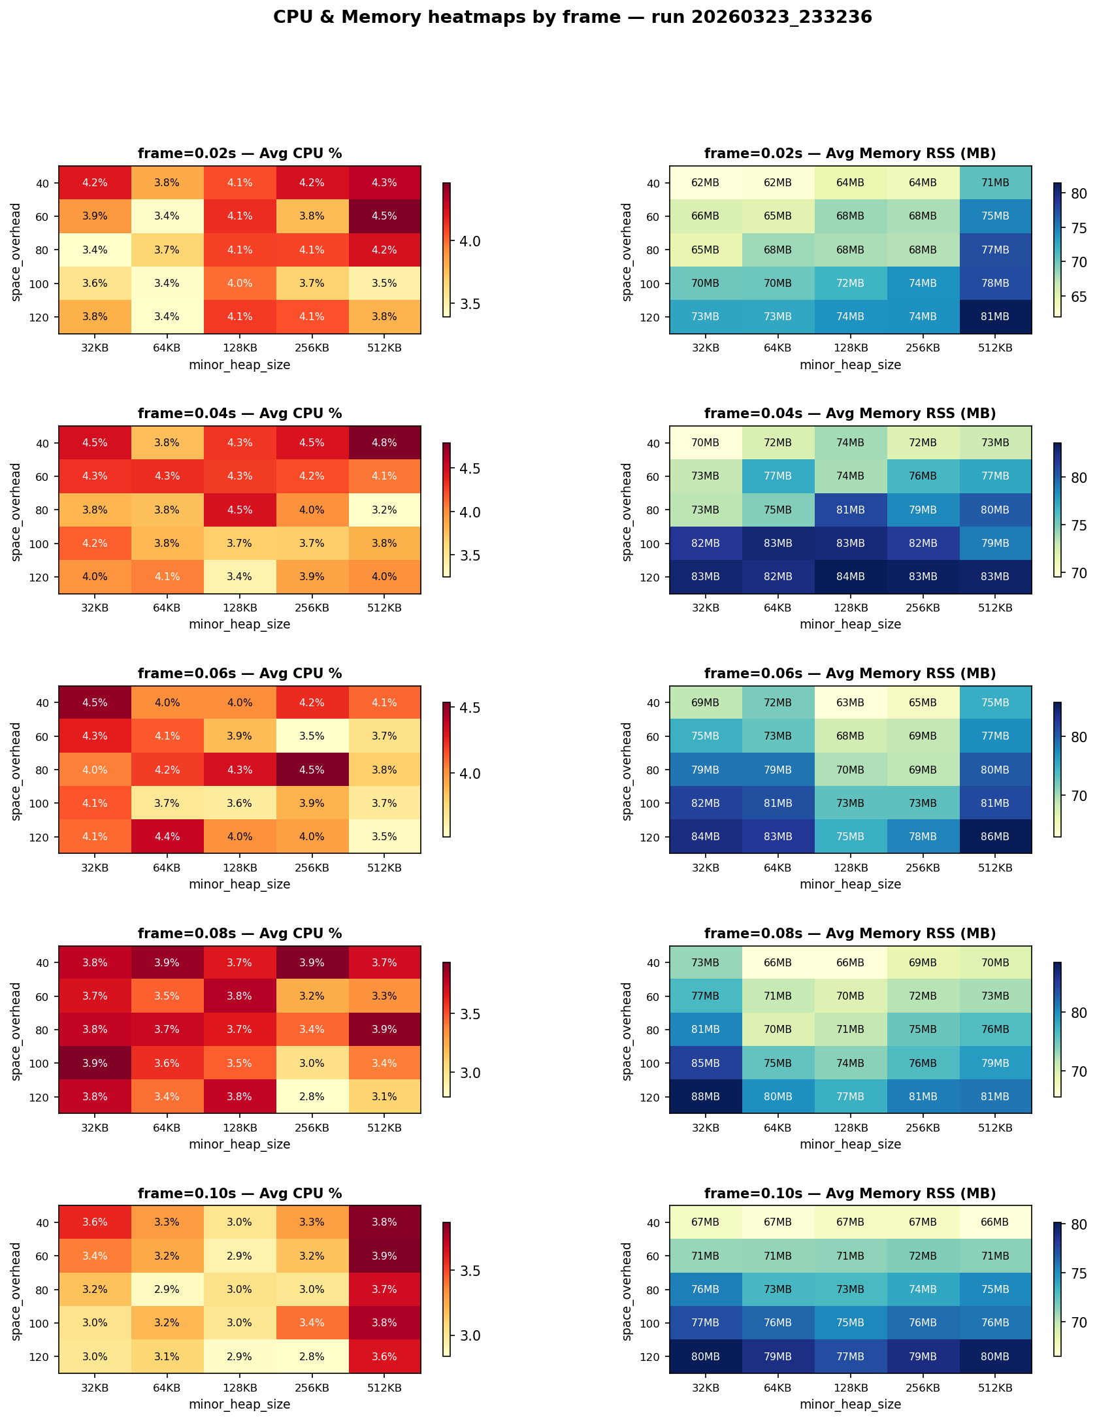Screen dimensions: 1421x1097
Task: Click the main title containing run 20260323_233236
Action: [572, 17]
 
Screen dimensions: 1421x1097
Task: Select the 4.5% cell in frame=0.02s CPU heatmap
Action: [384, 216]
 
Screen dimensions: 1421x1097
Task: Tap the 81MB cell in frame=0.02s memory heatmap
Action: [994, 317]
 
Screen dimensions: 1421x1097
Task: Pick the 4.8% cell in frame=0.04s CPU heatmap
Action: [384, 443]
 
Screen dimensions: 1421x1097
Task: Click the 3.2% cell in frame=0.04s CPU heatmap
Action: [384, 510]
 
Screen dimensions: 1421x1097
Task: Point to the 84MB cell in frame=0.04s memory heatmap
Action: [850, 577]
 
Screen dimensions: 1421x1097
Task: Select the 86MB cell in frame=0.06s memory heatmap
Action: [994, 837]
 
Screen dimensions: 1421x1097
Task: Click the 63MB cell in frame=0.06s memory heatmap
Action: [850, 703]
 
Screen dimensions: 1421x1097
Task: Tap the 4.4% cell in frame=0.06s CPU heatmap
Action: [167, 837]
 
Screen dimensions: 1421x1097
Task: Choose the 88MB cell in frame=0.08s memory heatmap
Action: [706, 1097]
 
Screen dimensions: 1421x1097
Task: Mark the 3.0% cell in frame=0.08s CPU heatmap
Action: [312, 1064]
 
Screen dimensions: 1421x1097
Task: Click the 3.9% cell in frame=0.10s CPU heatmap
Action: [384, 1256]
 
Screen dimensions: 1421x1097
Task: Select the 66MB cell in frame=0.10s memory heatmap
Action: [994, 1222]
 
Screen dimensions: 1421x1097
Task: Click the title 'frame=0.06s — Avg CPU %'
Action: [240, 674]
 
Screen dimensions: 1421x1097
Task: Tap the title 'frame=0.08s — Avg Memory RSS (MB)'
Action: [850, 934]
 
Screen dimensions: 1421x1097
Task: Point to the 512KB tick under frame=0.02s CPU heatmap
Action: [384, 348]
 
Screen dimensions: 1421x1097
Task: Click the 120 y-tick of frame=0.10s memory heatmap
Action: [649, 1357]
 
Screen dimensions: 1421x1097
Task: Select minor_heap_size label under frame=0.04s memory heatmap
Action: [850, 625]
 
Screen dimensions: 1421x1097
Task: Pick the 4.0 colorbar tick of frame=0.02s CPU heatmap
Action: [470, 242]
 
